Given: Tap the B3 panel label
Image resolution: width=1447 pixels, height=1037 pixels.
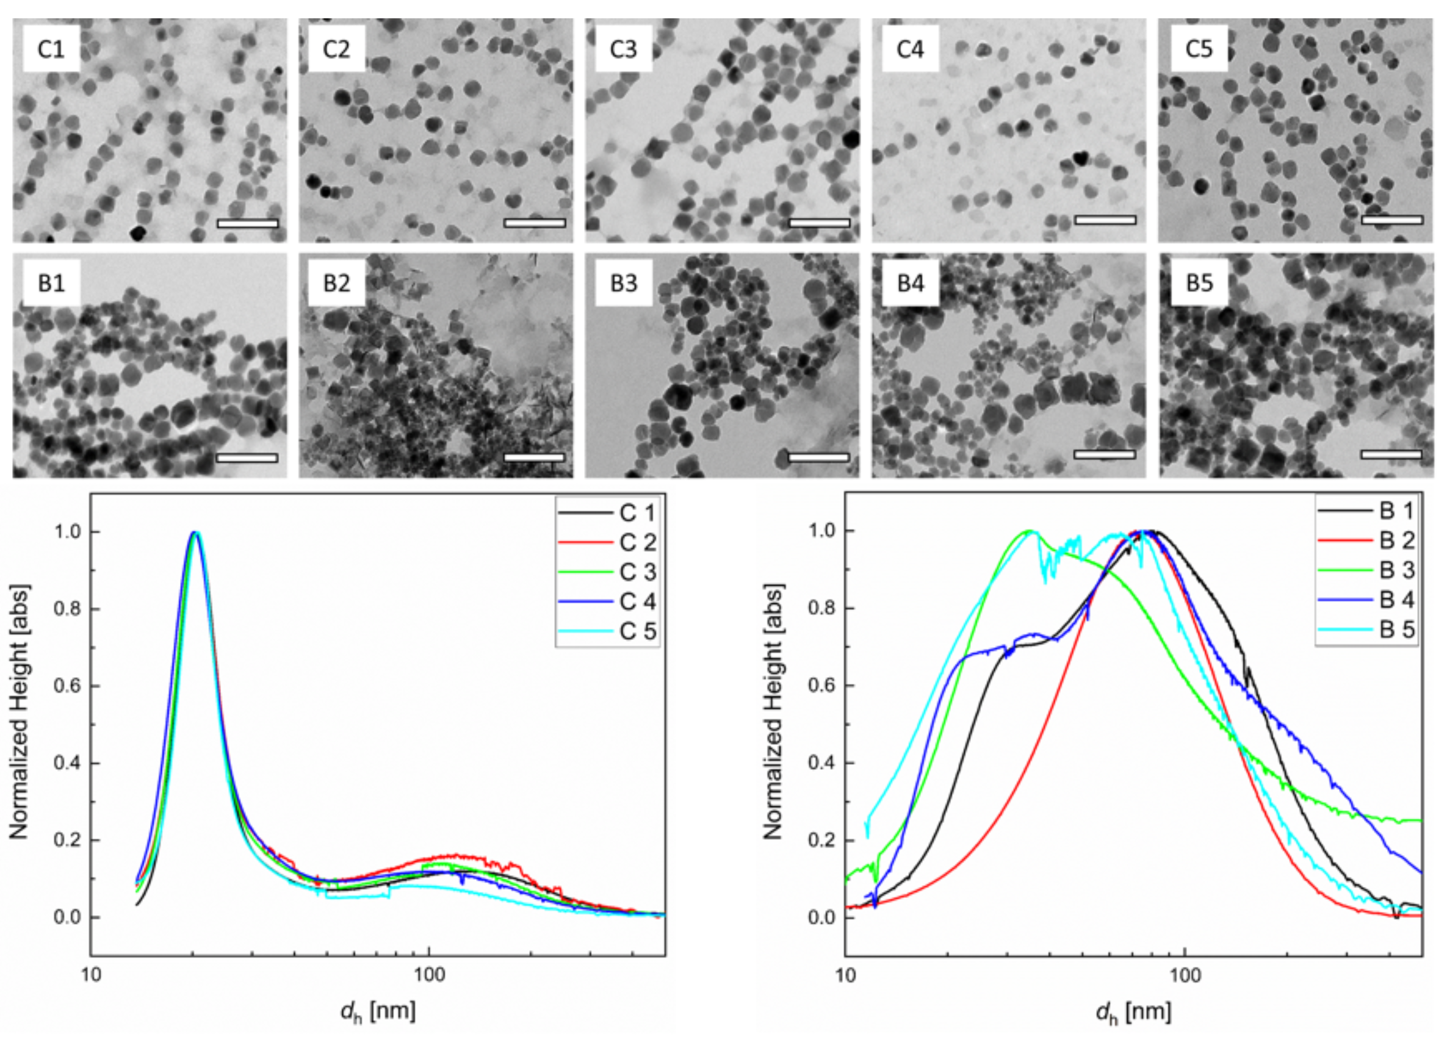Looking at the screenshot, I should click(x=623, y=282).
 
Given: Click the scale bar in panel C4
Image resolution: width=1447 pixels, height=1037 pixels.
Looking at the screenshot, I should click(x=1105, y=220).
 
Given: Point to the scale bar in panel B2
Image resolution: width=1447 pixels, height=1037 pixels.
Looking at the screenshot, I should click(x=534, y=457).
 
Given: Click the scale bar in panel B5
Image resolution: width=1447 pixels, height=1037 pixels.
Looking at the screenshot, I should click(x=1391, y=454).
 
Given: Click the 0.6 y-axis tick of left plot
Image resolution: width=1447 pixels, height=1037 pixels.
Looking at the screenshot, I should click(x=67, y=686).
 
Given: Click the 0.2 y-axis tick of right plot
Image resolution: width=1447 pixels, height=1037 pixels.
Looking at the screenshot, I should click(x=821, y=841).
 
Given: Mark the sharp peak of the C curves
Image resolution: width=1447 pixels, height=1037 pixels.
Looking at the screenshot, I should click(x=195, y=533).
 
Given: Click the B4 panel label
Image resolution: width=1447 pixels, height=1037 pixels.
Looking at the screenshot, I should click(x=911, y=282).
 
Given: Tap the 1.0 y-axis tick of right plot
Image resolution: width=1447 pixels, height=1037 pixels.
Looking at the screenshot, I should click(x=821, y=531).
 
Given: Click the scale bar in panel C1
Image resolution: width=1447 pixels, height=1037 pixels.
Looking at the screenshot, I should click(x=248, y=223).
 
